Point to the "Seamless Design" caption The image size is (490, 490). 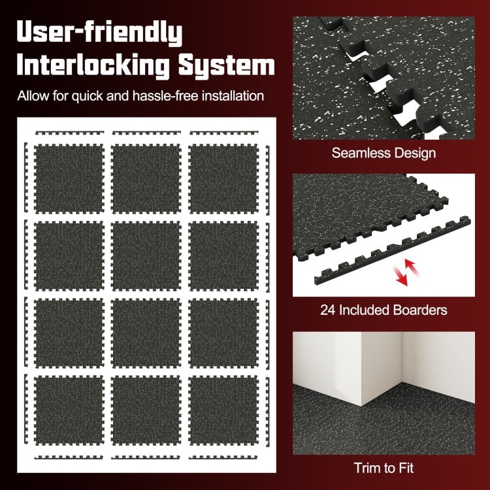pos(384,154)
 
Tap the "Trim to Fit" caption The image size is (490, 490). pos(384,467)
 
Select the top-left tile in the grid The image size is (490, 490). pos(69,176)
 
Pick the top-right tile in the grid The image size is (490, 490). pos(223,176)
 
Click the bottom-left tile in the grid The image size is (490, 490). pos(69,408)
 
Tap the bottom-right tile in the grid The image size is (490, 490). pos(223,408)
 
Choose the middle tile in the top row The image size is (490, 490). pos(146,176)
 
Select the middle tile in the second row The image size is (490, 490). pos(146,253)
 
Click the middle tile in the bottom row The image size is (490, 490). pos(146,408)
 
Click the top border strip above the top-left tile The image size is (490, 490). pos(69,133)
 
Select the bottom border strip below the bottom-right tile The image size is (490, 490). pos(223,457)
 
